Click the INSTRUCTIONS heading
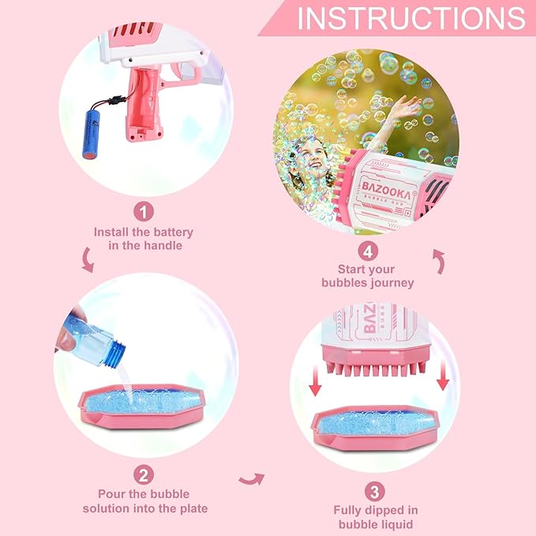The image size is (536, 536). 410,18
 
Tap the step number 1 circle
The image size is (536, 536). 143,212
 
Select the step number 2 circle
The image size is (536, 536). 143,474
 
